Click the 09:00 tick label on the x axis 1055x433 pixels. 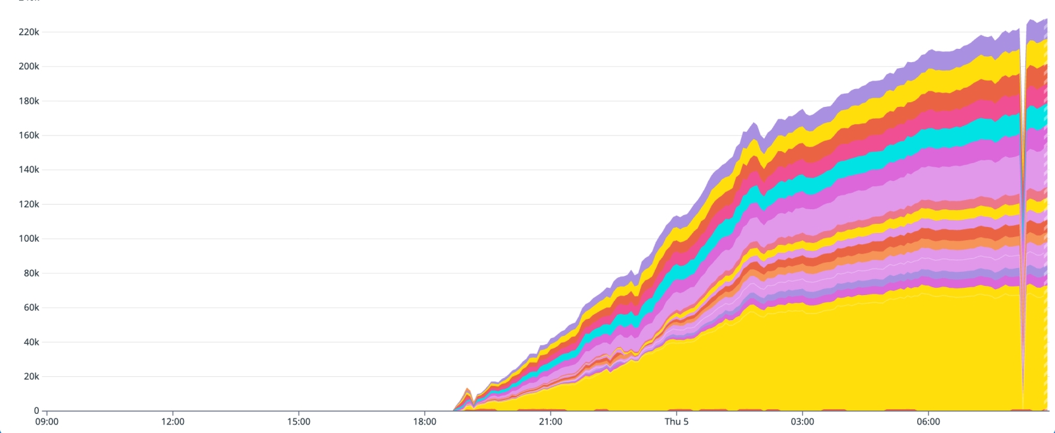[x=46, y=422]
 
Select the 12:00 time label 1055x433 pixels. [x=173, y=422]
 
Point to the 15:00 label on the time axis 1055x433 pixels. [x=299, y=422]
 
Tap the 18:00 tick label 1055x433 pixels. [x=425, y=422]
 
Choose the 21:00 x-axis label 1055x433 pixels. [x=551, y=422]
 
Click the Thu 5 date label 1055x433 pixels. [x=677, y=422]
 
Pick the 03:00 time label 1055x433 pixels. [x=802, y=422]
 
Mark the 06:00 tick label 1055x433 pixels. [x=928, y=422]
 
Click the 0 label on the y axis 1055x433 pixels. [x=36, y=411]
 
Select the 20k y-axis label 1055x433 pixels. [x=31, y=376]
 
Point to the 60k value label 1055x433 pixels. [x=31, y=308]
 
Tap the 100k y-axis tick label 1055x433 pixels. [x=29, y=238]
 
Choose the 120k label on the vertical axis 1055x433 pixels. [x=29, y=204]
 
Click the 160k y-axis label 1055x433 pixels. [x=29, y=135]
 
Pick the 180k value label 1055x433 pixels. [x=29, y=101]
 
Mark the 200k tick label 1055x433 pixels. [x=29, y=66]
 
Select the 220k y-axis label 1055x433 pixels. [x=29, y=32]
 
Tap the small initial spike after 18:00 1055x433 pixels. [x=467, y=393]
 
